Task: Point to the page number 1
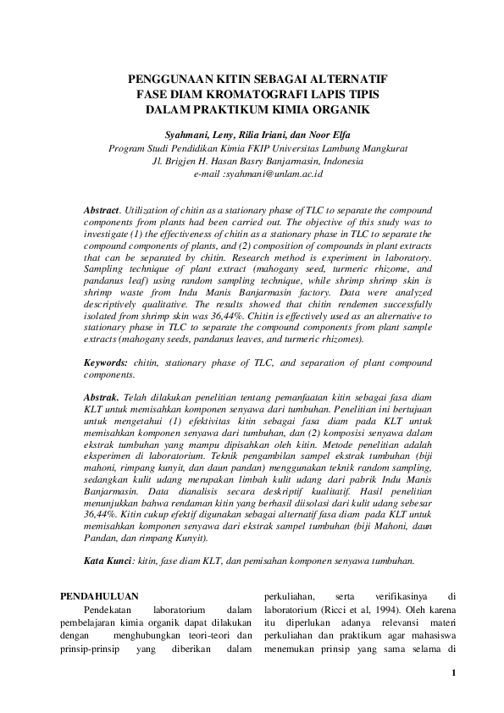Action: [x=454, y=673]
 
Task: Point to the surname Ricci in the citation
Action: [x=325, y=610]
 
